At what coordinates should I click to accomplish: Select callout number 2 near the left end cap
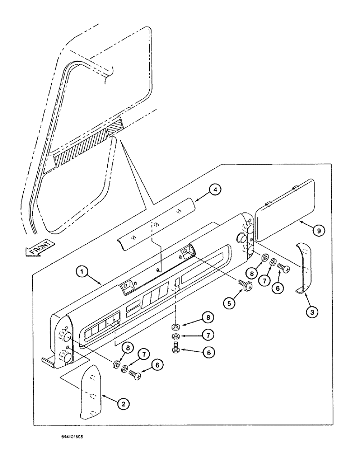[x=123, y=404]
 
